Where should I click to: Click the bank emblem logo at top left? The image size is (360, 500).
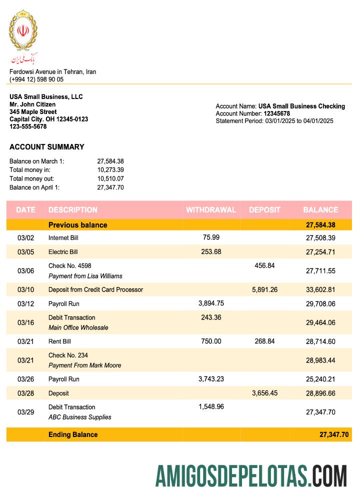[23, 36]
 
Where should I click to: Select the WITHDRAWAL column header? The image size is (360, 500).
[210, 210]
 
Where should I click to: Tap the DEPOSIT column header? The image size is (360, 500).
[264, 210]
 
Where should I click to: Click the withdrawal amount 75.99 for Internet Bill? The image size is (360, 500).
[210, 237]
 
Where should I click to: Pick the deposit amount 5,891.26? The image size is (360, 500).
[264, 289]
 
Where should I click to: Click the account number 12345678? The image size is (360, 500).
[276, 113]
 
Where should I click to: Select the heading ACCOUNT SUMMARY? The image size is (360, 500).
[46, 147]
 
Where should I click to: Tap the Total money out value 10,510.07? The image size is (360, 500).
[110, 178]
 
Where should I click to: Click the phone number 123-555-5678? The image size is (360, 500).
[28, 126]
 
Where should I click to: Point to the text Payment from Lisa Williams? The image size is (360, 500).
[85, 276]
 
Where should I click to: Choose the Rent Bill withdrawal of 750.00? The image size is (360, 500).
[210, 341]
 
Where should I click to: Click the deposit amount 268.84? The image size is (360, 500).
[264, 341]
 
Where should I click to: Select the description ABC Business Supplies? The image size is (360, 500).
[79, 417]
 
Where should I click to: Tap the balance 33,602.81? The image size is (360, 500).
[320, 289]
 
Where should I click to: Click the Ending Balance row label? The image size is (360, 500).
[73, 434]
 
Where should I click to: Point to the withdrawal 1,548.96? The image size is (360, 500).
[210, 406]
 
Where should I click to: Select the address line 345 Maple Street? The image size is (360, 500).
[33, 112]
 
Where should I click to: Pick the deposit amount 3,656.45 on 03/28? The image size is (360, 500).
[264, 393]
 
